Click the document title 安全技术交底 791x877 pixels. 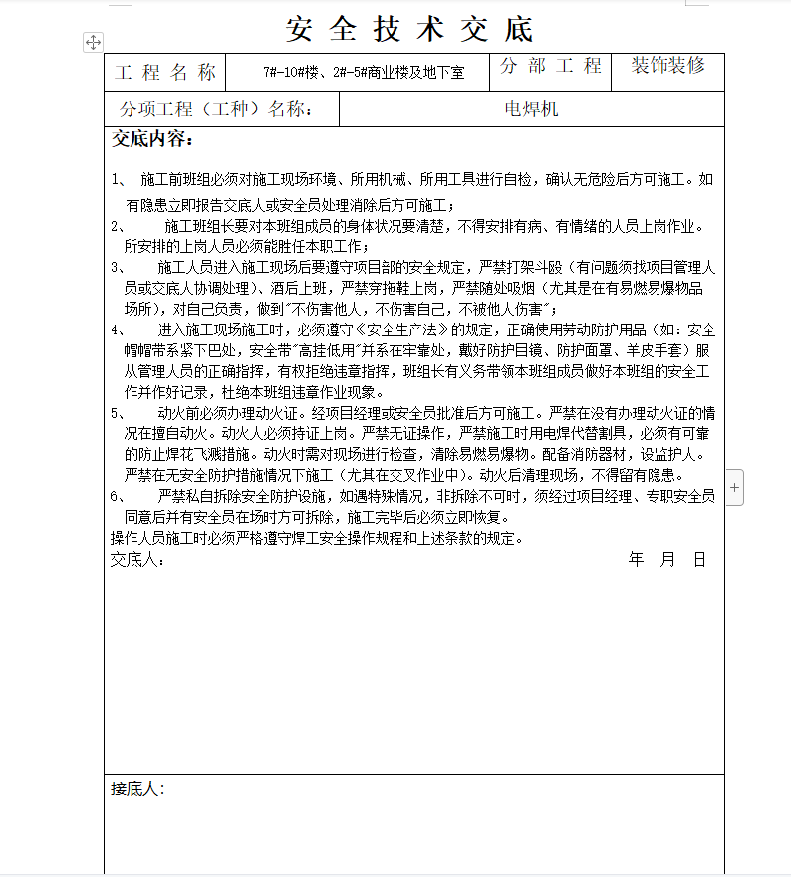click(x=408, y=29)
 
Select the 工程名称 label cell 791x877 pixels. click(x=165, y=72)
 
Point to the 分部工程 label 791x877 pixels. click(x=551, y=67)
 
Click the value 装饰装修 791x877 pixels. click(x=667, y=66)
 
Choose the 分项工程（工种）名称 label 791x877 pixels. click(x=216, y=110)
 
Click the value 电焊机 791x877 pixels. click(x=531, y=110)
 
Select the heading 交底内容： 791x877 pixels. click(x=152, y=140)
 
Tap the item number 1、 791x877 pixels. click(x=119, y=180)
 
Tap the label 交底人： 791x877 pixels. click(x=137, y=560)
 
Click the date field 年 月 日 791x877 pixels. click(x=666, y=560)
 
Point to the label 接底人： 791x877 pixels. click(x=137, y=789)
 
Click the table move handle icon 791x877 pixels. click(x=92, y=42)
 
